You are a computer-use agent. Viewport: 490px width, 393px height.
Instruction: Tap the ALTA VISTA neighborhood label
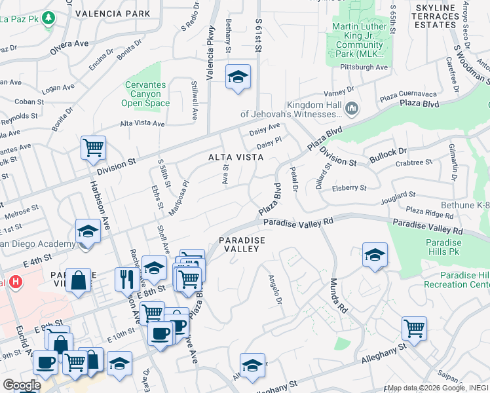click(x=236, y=157)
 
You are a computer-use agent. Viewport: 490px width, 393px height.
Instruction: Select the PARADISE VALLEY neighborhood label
click(x=242, y=245)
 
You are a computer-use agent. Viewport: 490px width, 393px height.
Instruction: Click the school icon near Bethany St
click(x=238, y=76)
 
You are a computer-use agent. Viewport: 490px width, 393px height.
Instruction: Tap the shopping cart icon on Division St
click(x=93, y=147)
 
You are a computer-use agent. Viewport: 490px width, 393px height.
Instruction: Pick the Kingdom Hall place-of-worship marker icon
click(x=352, y=107)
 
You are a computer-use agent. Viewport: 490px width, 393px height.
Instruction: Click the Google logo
click(x=22, y=385)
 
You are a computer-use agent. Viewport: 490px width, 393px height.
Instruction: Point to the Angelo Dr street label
click(x=274, y=288)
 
